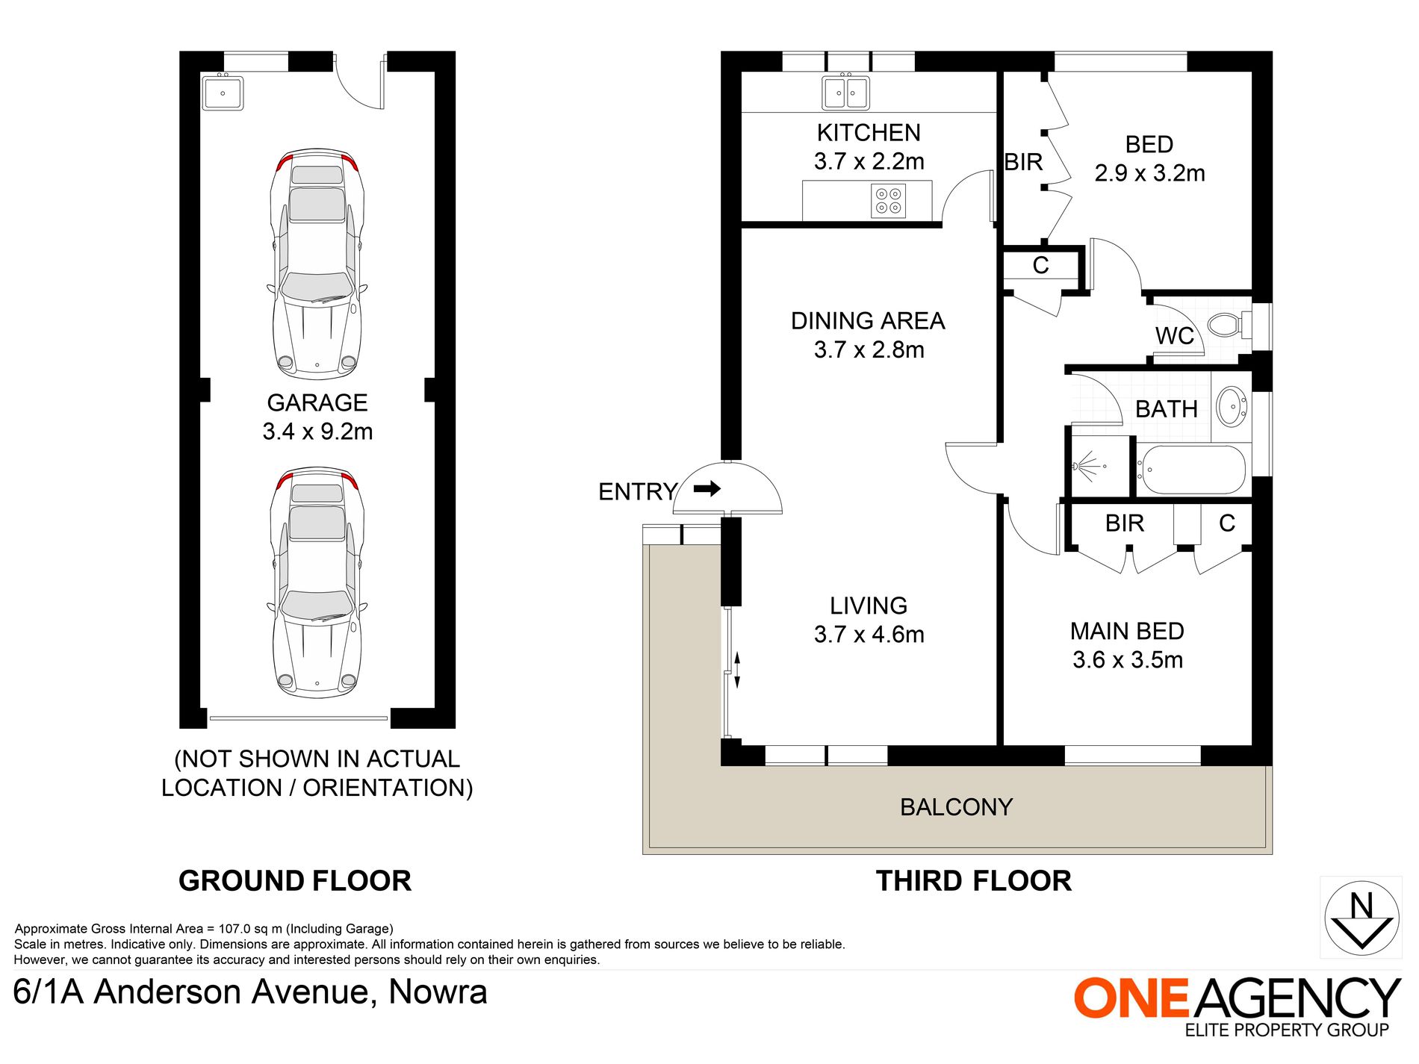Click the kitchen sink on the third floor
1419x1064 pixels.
845,93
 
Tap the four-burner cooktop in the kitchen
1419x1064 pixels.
888,200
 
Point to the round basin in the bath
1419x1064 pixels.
1231,407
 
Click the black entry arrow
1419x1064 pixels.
707,488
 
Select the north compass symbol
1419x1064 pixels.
1361,918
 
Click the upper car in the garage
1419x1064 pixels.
317,264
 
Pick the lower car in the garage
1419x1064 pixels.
317,582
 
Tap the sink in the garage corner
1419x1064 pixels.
223,93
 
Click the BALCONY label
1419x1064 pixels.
956,807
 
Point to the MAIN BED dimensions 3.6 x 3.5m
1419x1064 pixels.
1128,660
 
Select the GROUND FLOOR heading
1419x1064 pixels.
295,881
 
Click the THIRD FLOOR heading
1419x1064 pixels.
974,881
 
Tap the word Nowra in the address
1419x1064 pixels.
438,992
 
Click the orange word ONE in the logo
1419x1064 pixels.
1131,998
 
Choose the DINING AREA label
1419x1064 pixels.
868,321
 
